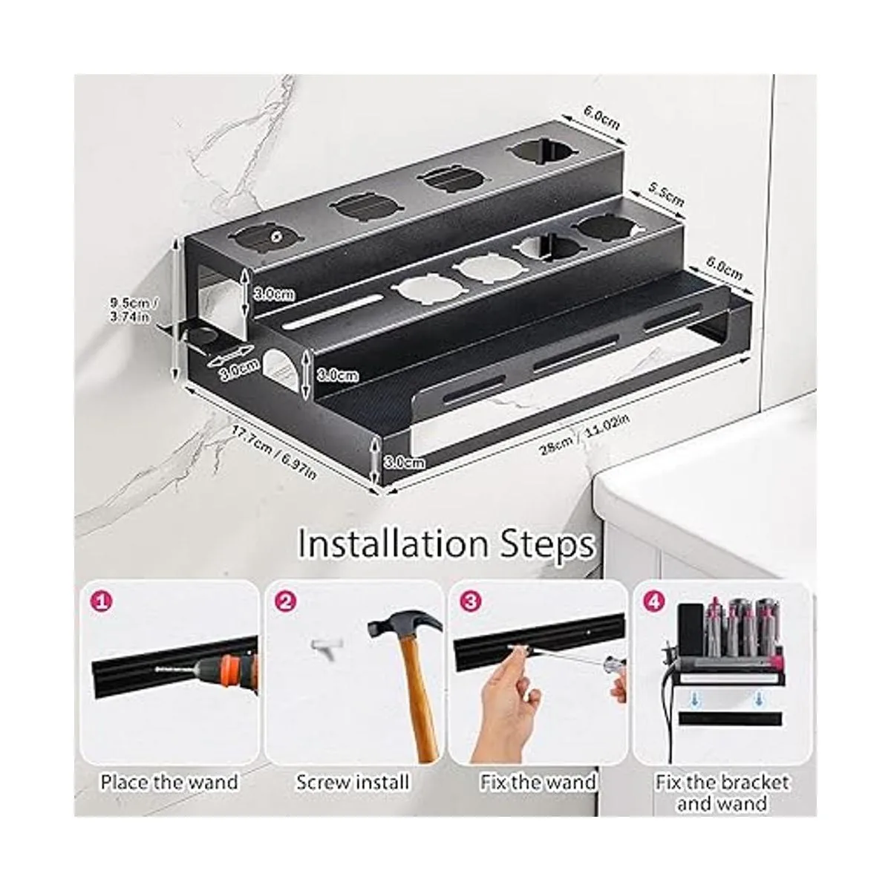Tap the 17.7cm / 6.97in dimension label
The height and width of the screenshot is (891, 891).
pyautogui.click(x=274, y=451)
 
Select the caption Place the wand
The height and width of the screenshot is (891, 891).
pyautogui.click(x=170, y=782)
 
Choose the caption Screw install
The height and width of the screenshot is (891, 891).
pyautogui.click(x=353, y=782)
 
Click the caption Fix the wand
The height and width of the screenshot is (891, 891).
pyautogui.click(x=538, y=782)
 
